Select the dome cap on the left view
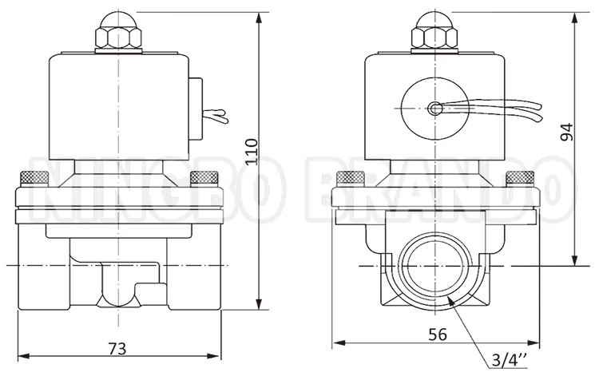(117, 17)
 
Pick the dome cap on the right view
(435, 17)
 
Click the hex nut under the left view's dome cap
(117, 37)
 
